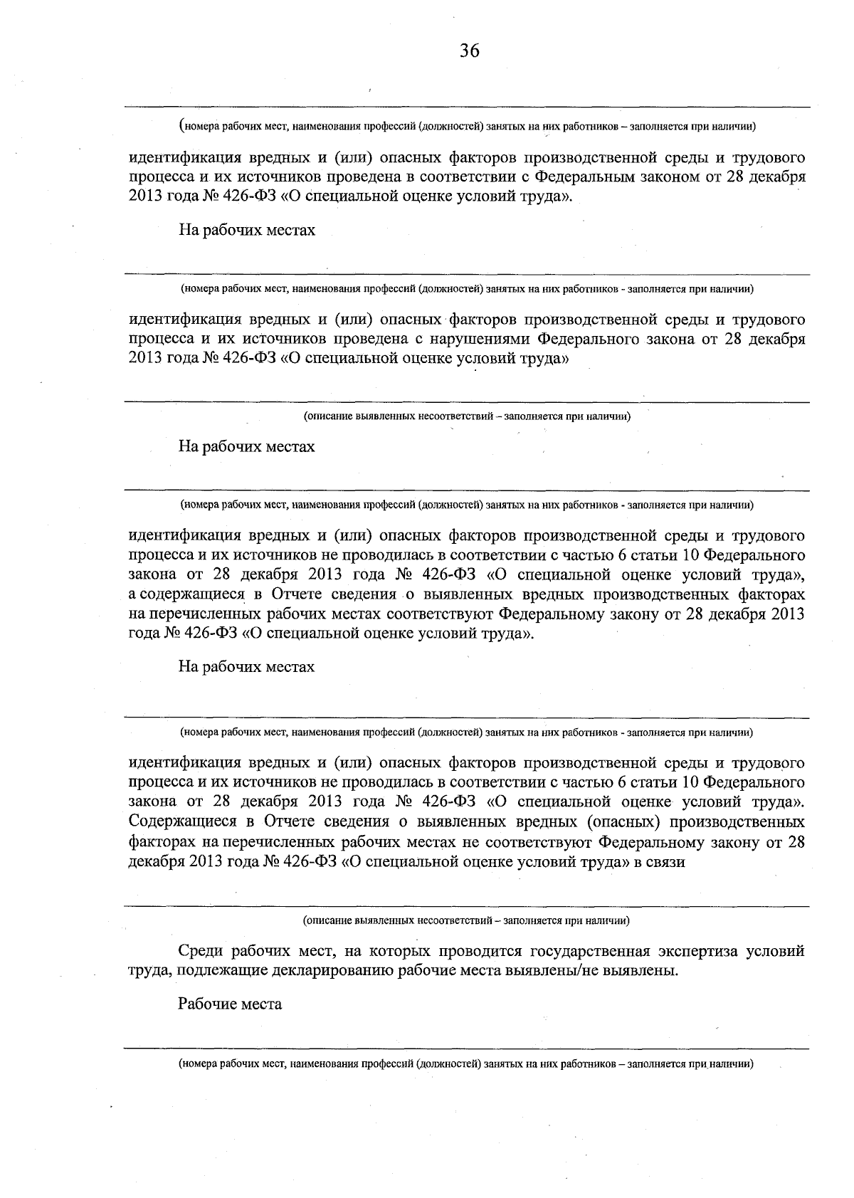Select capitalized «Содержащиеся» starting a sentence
coord(182,822)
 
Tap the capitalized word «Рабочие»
coord(206,1004)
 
